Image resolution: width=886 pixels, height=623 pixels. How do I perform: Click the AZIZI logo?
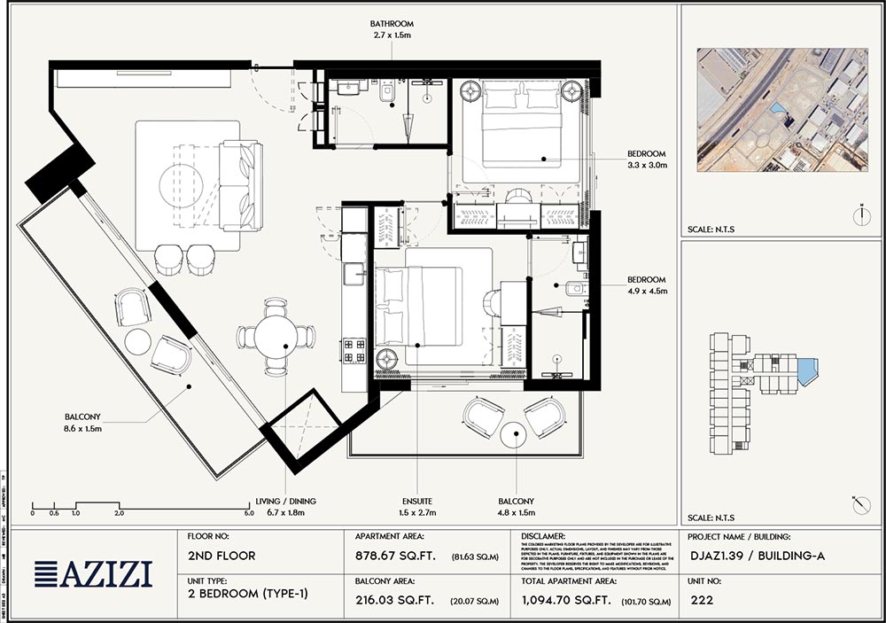(x=92, y=574)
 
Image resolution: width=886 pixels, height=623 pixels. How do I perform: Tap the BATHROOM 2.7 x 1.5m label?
(x=393, y=30)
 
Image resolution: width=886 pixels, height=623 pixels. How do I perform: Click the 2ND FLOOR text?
(x=221, y=556)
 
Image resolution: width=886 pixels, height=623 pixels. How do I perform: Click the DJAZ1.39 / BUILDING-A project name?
(x=756, y=556)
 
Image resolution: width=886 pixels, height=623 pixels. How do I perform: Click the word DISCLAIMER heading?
(x=543, y=536)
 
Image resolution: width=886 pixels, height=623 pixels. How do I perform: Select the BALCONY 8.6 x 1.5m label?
(x=83, y=422)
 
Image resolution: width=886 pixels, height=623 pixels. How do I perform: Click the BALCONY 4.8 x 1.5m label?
(x=517, y=507)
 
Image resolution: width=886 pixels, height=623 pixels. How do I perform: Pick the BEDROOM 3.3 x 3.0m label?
(x=647, y=159)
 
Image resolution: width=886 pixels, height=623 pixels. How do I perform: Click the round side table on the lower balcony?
(x=514, y=434)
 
